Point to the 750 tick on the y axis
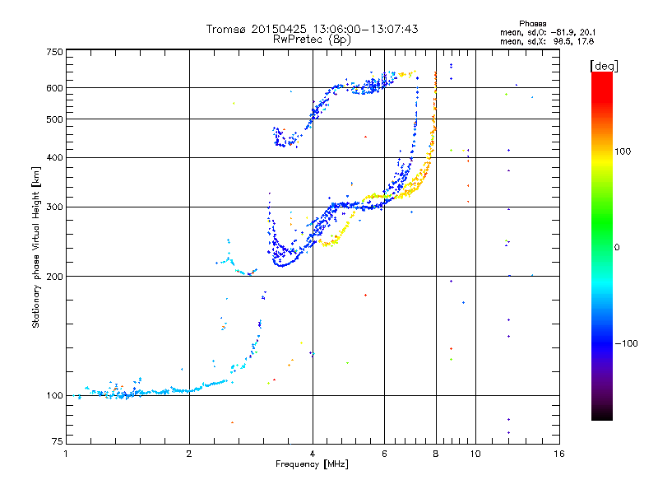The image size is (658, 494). click(x=54, y=51)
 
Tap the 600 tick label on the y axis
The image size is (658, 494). click(x=54, y=87)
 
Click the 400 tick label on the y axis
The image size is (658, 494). click(x=54, y=157)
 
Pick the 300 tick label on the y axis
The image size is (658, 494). click(x=54, y=207)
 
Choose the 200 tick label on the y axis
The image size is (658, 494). click(x=54, y=276)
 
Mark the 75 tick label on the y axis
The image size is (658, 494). click(x=57, y=444)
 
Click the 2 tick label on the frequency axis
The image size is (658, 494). click(x=189, y=454)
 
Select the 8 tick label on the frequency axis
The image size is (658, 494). click(x=435, y=454)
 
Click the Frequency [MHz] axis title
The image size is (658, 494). click(x=312, y=464)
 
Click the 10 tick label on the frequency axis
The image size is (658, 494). click(x=475, y=454)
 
